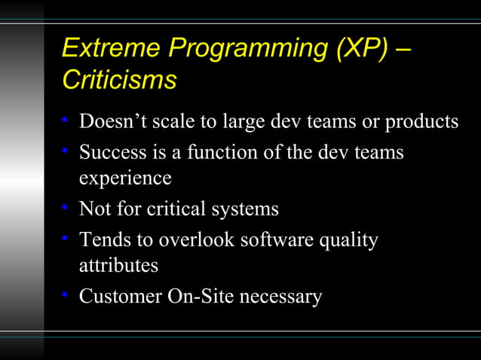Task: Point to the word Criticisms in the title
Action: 119,79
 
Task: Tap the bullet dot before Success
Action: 66,152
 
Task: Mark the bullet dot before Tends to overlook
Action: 66,239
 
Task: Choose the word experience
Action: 125,180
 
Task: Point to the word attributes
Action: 119,266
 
